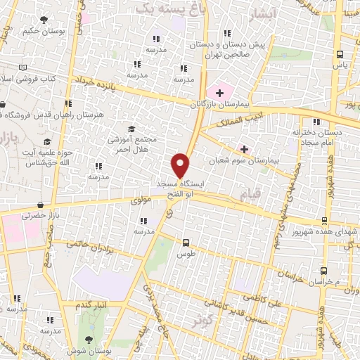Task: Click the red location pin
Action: pyautogui.click(x=181, y=165)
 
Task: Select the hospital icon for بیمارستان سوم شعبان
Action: pyautogui.click(x=245, y=149)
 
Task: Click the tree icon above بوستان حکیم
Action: pyautogui.click(x=45, y=20)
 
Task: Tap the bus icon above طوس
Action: pyautogui.click(x=186, y=240)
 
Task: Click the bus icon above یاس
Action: pyautogui.click(x=340, y=54)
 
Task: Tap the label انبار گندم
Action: pyautogui.click(x=94, y=304)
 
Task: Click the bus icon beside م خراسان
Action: pyautogui.click(x=323, y=271)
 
